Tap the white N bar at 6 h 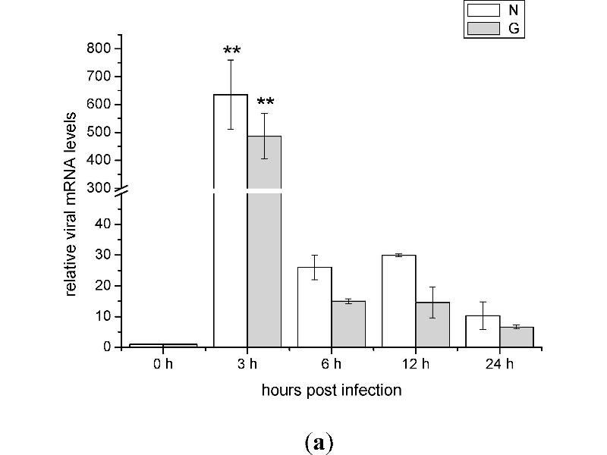[x=315, y=307]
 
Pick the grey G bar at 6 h [x=348, y=324]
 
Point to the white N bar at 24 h [x=483, y=331]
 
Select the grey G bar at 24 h [x=517, y=337]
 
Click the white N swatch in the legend [x=483, y=11]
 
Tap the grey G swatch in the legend [x=483, y=28]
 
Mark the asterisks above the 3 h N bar [x=232, y=52]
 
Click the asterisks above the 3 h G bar [x=266, y=103]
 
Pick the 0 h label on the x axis [x=163, y=365]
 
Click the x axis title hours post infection [x=332, y=391]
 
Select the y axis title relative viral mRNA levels [x=71, y=202]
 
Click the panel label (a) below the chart [x=319, y=444]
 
